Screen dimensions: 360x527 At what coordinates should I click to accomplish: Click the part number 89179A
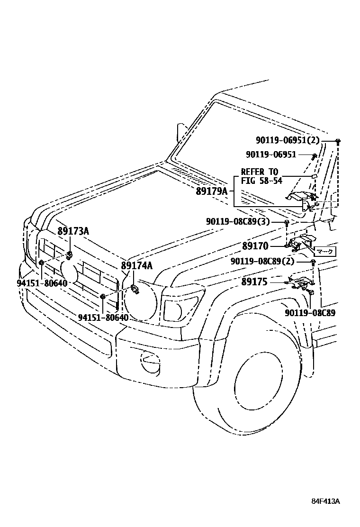212,191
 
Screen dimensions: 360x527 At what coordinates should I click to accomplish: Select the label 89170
255,246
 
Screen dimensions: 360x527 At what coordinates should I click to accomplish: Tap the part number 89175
254,282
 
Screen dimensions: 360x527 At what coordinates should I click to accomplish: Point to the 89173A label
73,231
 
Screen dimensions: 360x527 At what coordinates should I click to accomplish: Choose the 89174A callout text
137,265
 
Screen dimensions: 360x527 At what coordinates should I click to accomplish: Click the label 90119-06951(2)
288,140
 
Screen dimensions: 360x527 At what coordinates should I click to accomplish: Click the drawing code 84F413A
325,501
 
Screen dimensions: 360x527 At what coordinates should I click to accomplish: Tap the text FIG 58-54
261,181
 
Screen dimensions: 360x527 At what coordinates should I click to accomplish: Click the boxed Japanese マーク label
325,252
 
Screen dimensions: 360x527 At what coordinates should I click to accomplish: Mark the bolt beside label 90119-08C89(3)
287,222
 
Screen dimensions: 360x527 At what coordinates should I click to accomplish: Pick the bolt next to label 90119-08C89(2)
313,262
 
